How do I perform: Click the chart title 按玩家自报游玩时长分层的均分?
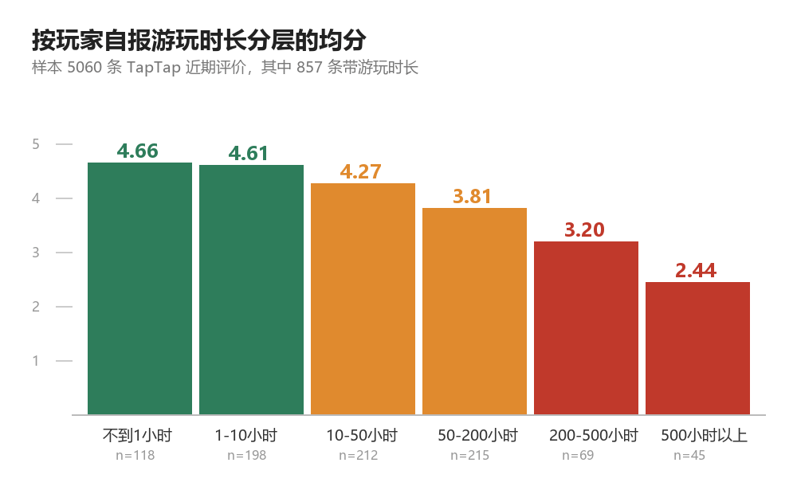[198, 40]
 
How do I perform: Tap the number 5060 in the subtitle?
[85, 67]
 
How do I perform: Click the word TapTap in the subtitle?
[154, 68]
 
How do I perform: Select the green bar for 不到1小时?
[139, 288]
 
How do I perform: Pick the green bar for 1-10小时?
[251, 290]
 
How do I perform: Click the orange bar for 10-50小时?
[363, 299]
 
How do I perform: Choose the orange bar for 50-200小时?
[474, 312]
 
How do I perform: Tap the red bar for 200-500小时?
[586, 328]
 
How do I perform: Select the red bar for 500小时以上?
[697, 349]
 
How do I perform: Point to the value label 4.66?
[137, 151]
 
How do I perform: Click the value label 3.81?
[472, 197]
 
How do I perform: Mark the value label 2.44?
[696, 270]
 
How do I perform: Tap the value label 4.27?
[360, 172]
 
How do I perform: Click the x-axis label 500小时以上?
[704, 436]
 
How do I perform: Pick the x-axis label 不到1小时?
[137, 436]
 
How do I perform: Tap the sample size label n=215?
[469, 456]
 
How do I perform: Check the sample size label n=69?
[578, 456]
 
